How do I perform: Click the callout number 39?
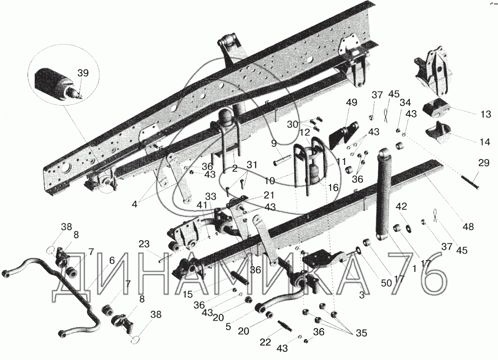83,73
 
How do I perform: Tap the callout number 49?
352,103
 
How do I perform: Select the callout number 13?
486,114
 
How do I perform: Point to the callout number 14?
485,142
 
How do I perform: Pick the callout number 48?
468,227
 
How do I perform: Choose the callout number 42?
401,206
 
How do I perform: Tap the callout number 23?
143,244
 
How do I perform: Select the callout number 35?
361,333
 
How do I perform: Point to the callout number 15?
188,294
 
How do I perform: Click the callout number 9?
274,143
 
